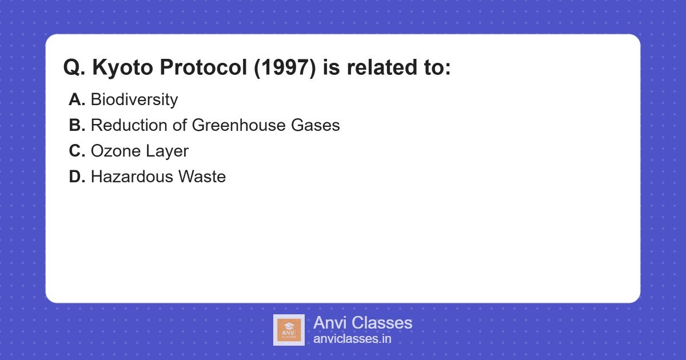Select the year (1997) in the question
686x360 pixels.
pos(289,68)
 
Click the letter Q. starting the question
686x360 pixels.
pos(74,68)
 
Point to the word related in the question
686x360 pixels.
pos(381,68)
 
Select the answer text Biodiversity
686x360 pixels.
pos(134,99)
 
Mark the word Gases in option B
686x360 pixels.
pos(317,125)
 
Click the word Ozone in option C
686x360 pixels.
pos(113,151)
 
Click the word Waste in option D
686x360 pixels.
pos(202,177)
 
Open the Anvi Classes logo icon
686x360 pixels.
pos(289,330)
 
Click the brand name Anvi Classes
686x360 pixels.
pos(362,323)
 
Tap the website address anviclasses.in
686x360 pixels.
pos(352,338)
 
